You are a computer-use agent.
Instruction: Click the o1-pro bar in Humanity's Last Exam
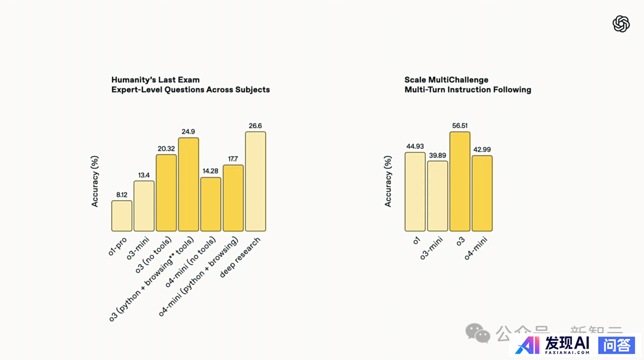click(x=122, y=216)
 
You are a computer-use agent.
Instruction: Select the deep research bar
click(x=255, y=182)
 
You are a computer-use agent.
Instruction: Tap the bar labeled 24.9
click(x=188, y=185)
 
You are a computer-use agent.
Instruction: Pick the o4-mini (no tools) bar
click(x=210, y=204)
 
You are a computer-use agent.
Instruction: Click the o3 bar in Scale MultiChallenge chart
click(x=460, y=182)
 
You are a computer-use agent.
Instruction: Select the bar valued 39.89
click(x=437, y=196)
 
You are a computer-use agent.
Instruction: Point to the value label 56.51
click(x=460, y=126)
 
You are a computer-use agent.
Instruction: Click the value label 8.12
click(x=122, y=194)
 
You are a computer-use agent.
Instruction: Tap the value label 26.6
click(x=255, y=126)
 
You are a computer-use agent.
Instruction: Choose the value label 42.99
click(x=482, y=150)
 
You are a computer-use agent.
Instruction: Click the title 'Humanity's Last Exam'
click(x=156, y=80)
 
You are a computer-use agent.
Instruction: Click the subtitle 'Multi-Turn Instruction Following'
click(x=467, y=90)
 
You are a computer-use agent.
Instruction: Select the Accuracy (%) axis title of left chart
click(x=95, y=181)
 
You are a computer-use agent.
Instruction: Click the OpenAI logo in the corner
click(x=621, y=24)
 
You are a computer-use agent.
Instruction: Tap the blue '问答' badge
click(x=617, y=345)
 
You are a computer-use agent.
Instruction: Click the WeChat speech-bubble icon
click(x=478, y=333)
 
